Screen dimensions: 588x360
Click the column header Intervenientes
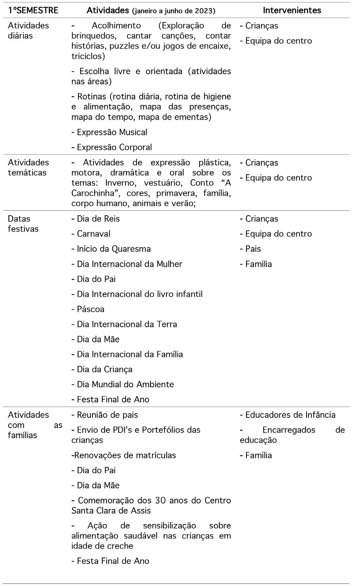click(292, 10)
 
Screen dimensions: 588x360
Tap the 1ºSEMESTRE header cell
click(33, 10)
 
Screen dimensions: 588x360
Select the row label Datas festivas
click(23, 224)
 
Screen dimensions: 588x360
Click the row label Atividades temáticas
click(28, 167)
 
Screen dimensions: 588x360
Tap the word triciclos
click(88, 56)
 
